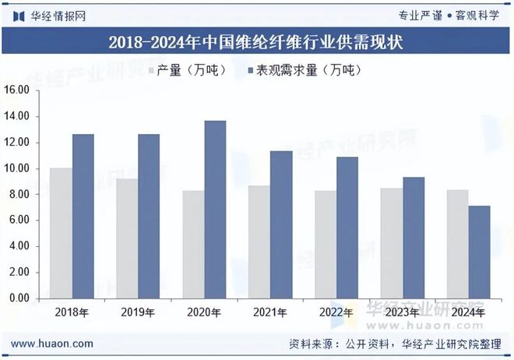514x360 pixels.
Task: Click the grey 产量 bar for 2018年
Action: [x=61, y=233]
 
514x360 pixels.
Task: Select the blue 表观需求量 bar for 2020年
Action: [x=215, y=210]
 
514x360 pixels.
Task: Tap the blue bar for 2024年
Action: [x=479, y=252]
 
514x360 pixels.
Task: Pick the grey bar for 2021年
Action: [x=259, y=242]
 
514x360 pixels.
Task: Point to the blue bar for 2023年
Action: [x=413, y=238]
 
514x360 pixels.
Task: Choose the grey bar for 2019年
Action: [x=127, y=238]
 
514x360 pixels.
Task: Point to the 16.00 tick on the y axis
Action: [x=18, y=90]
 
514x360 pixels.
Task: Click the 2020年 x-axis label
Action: [x=204, y=311]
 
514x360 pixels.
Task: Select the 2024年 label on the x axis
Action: [x=469, y=311]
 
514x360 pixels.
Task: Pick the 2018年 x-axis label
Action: [x=72, y=311]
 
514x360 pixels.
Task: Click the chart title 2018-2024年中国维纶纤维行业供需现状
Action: [x=256, y=42]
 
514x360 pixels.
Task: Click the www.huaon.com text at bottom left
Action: [x=53, y=344]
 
